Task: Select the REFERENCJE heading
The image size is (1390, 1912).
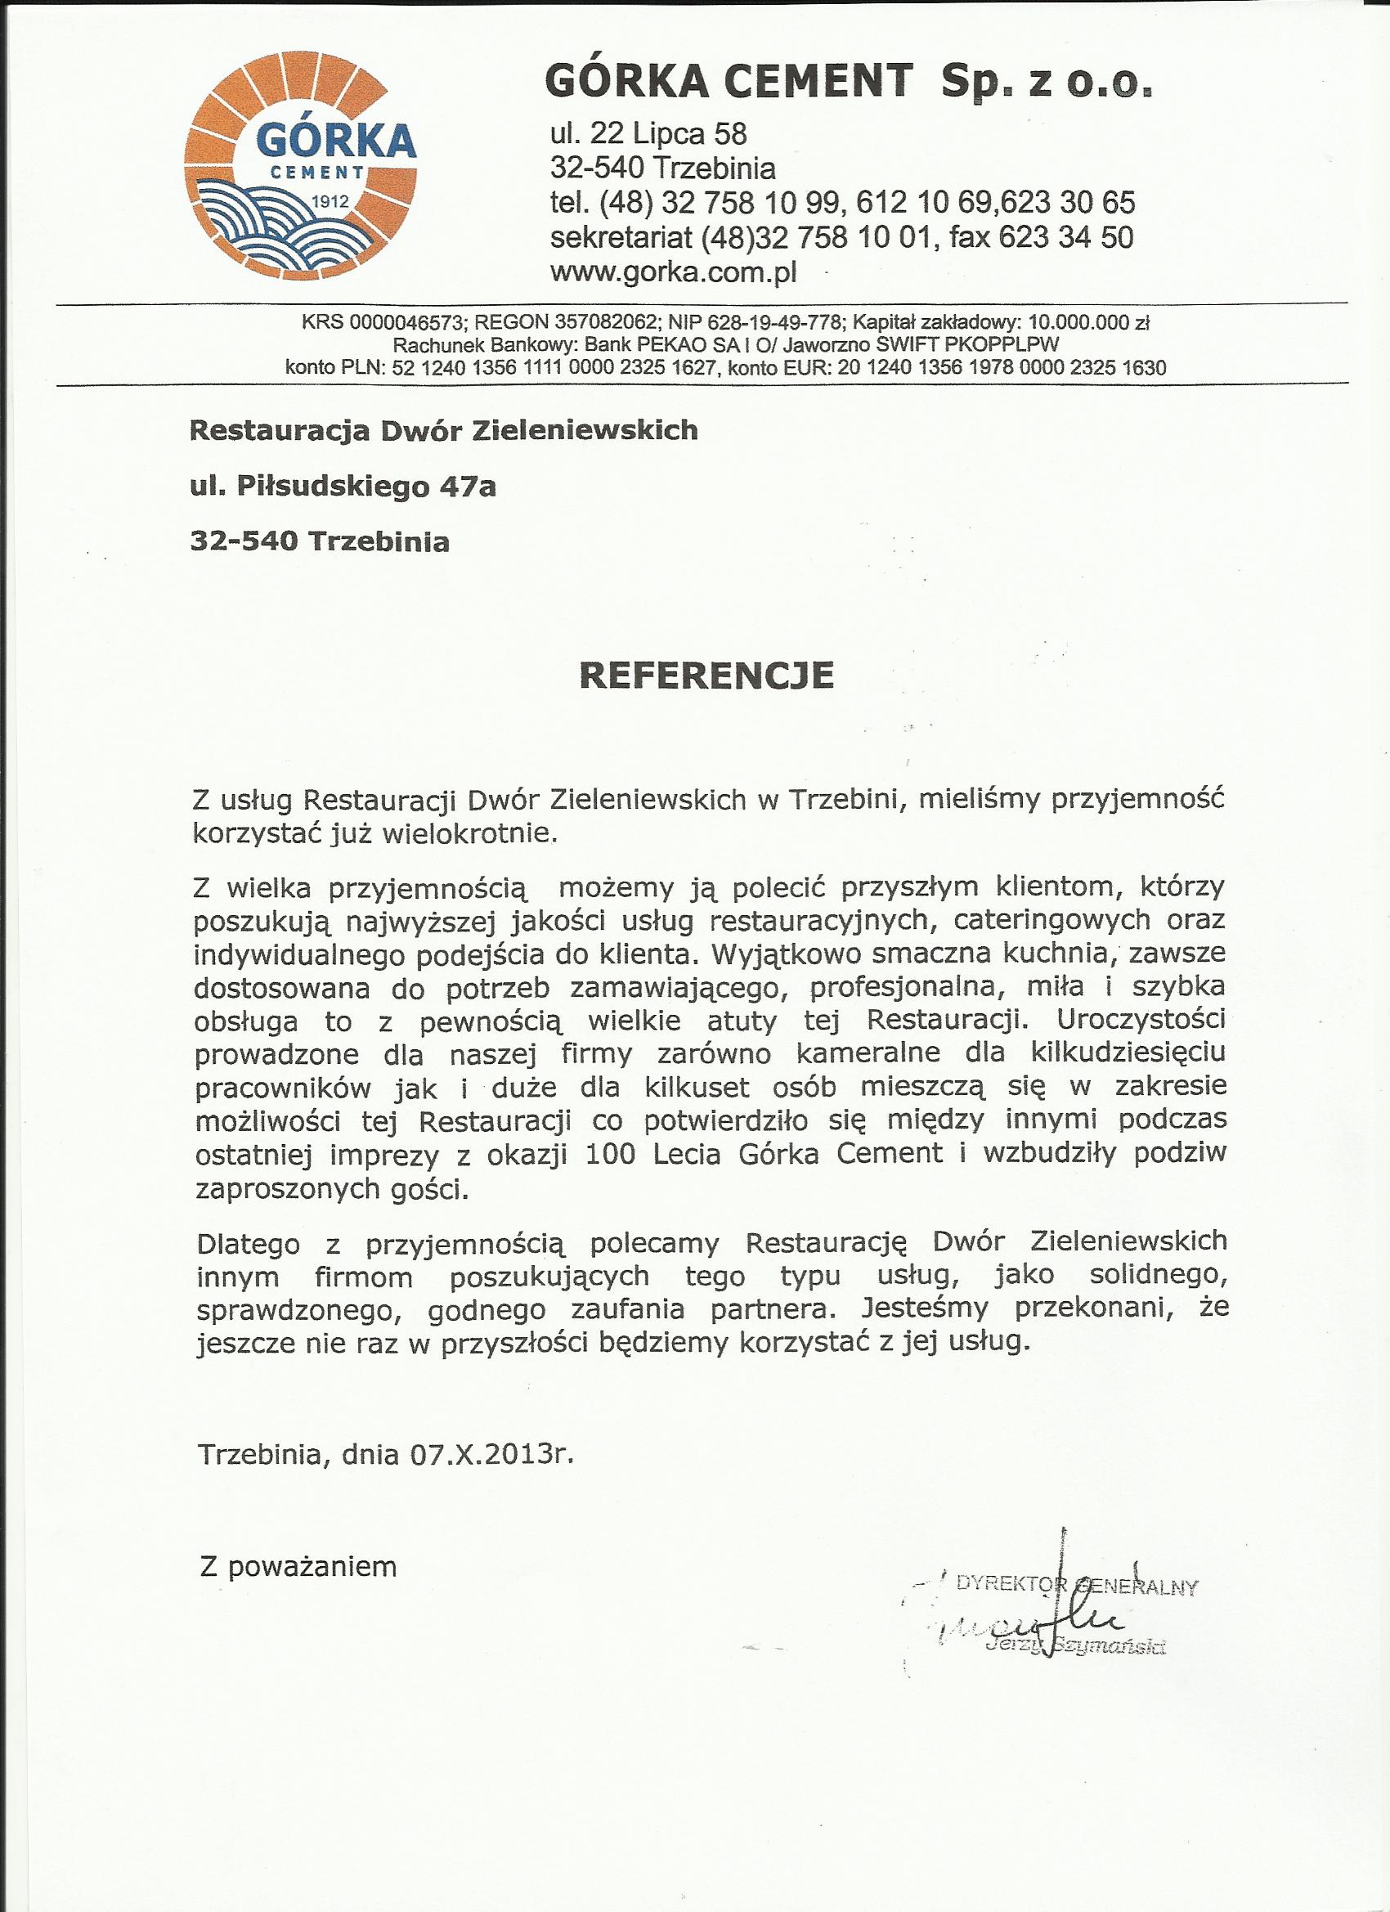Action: coord(706,675)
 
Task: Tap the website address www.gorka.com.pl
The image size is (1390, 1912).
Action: coord(674,272)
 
